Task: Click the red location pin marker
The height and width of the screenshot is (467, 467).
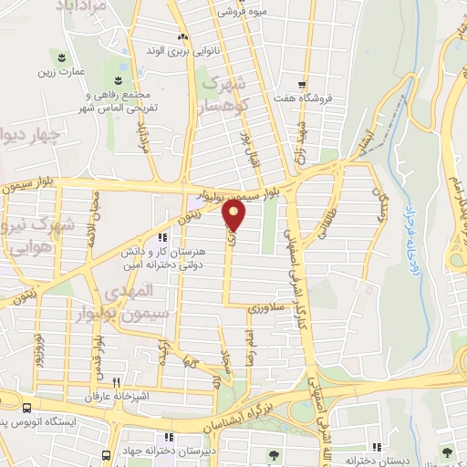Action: (234, 215)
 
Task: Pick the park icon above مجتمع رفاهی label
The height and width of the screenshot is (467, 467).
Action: (117, 66)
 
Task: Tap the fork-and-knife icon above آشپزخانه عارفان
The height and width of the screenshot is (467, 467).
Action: (115, 383)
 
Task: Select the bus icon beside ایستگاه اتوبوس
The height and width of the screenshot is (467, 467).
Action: (27, 408)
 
